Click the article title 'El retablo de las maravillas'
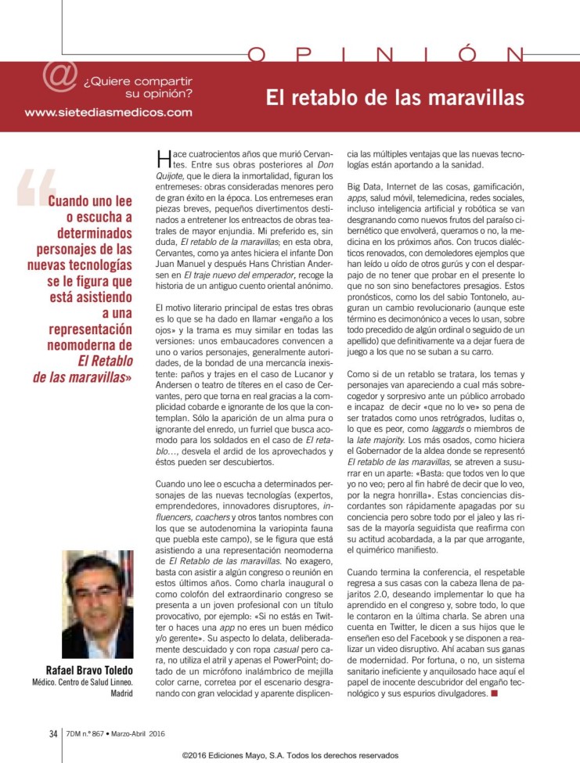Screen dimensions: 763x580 (394, 99)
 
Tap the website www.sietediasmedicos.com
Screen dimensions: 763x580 (108, 112)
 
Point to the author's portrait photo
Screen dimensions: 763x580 (97, 605)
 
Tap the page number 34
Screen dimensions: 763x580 (53, 733)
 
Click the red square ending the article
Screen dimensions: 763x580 (493, 693)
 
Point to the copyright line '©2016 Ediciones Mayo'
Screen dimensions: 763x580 (290, 755)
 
